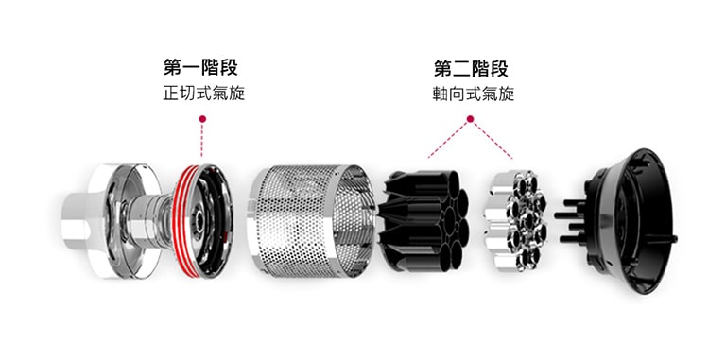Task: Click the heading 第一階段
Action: [200, 69]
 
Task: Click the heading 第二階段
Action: [471, 69]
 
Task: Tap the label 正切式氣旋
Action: [200, 94]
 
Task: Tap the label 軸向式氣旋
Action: [471, 94]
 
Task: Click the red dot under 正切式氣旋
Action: [201, 119]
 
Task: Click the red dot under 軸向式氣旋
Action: [471, 119]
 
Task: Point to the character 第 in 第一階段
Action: [173, 69]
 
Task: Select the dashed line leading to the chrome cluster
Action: [493, 140]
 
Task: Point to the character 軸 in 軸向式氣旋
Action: [436, 94]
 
